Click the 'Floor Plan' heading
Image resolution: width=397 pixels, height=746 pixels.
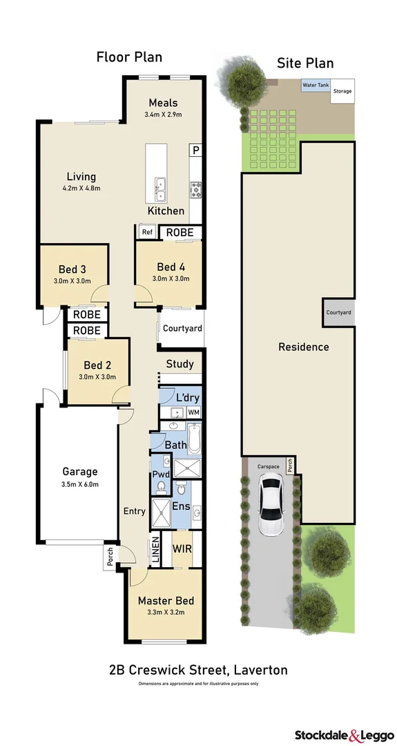tap(129, 57)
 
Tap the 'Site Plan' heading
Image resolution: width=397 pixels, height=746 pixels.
tap(305, 63)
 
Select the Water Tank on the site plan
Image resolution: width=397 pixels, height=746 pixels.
tap(316, 86)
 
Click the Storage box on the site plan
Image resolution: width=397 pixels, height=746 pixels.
tap(342, 91)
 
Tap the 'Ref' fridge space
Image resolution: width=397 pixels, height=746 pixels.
tap(147, 232)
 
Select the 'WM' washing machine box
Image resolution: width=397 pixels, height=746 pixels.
tap(193, 412)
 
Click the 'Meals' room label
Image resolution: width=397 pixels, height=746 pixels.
tap(163, 103)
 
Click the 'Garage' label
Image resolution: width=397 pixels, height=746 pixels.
tap(79, 472)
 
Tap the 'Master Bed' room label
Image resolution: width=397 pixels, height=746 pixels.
tap(165, 600)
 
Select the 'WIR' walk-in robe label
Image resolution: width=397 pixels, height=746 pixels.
tap(182, 548)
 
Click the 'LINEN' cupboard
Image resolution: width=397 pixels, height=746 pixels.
tap(155, 550)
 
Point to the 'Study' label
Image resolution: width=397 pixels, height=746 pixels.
tap(180, 364)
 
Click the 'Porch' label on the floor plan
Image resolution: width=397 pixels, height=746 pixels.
tap(110, 557)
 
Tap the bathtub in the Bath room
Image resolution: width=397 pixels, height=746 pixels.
tap(193, 439)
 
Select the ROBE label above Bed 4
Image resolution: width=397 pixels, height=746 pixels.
tap(180, 233)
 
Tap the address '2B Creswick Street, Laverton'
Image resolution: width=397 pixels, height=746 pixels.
tap(198, 669)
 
